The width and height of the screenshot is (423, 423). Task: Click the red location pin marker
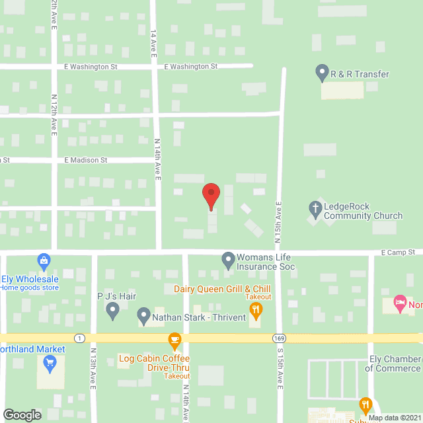[211, 196]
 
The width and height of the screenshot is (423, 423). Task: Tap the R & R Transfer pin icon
[322, 72]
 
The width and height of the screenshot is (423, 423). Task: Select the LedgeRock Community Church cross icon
[315, 210]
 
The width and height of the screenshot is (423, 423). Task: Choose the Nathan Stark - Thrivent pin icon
[143, 315]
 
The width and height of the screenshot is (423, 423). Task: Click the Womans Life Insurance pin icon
[228, 260]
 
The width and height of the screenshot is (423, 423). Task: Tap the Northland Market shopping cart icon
[50, 362]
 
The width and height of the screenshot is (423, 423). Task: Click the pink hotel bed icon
[400, 304]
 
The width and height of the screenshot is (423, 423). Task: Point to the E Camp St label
[398, 252]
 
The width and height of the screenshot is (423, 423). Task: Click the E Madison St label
[86, 160]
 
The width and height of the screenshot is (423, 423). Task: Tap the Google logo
[22, 414]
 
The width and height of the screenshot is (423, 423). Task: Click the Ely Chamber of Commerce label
[395, 364]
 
